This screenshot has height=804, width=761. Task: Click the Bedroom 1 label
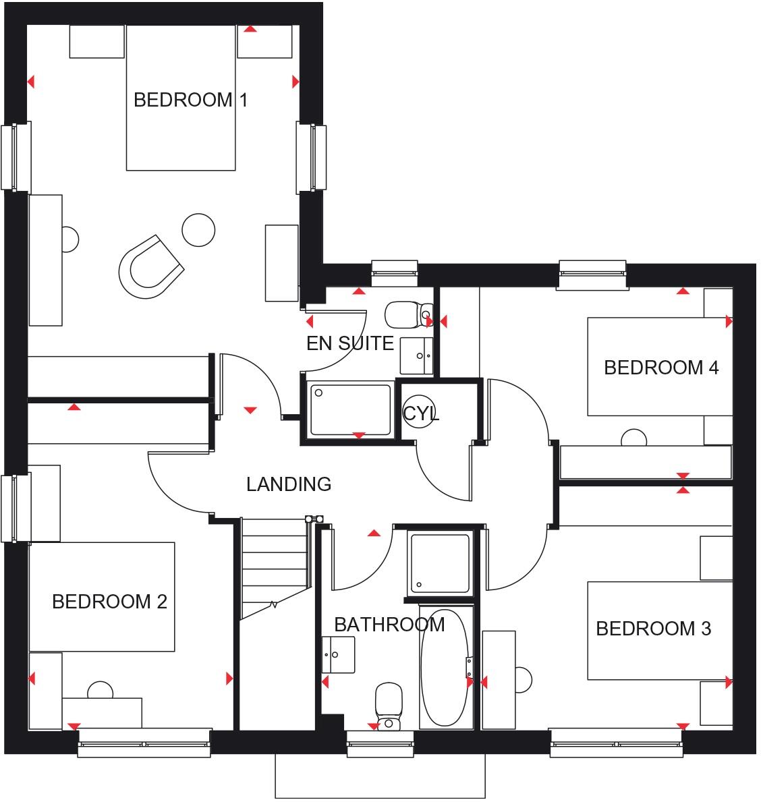190,100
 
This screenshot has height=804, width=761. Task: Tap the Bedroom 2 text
109,601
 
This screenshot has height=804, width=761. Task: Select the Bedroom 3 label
653,629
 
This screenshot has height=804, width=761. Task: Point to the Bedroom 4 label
661,368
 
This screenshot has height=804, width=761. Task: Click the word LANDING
288,484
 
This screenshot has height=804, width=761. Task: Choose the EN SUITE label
349,343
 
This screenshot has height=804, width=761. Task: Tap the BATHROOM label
389,625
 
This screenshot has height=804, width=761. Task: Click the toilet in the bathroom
388,705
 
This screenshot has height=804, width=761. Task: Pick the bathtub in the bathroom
445,668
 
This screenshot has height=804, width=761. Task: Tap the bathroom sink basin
337,653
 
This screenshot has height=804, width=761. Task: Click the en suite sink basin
416,355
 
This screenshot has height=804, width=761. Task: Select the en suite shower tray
349,410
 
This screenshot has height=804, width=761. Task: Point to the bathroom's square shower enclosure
440,563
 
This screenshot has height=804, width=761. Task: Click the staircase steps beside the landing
274,567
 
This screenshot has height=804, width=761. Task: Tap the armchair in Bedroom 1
150,268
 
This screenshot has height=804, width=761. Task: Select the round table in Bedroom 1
198,230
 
